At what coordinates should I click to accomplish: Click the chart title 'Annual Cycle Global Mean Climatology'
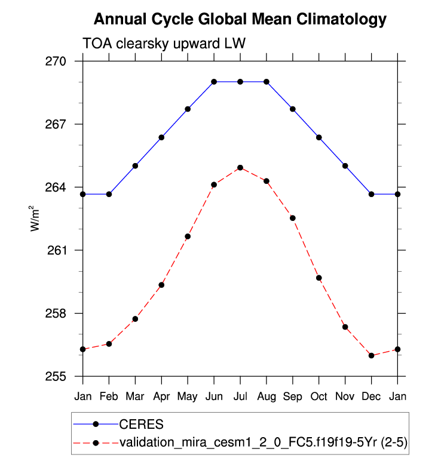tap(240, 20)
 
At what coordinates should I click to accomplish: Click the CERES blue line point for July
tap(240, 81)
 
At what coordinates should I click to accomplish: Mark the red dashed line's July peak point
tap(240, 168)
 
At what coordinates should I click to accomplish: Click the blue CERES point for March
tap(135, 165)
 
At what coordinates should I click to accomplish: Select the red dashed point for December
tap(372, 355)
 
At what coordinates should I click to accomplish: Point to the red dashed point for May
tap(188, 236)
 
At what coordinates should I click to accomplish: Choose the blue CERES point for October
tap(319, 137)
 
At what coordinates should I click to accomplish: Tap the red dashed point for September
tap(293, 218)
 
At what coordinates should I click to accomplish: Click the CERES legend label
tap(142, 425)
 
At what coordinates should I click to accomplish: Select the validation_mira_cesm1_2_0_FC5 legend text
tap(264, 443)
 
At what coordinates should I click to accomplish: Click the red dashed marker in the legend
tap(96, 443)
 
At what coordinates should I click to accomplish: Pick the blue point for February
tap(109, 194)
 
